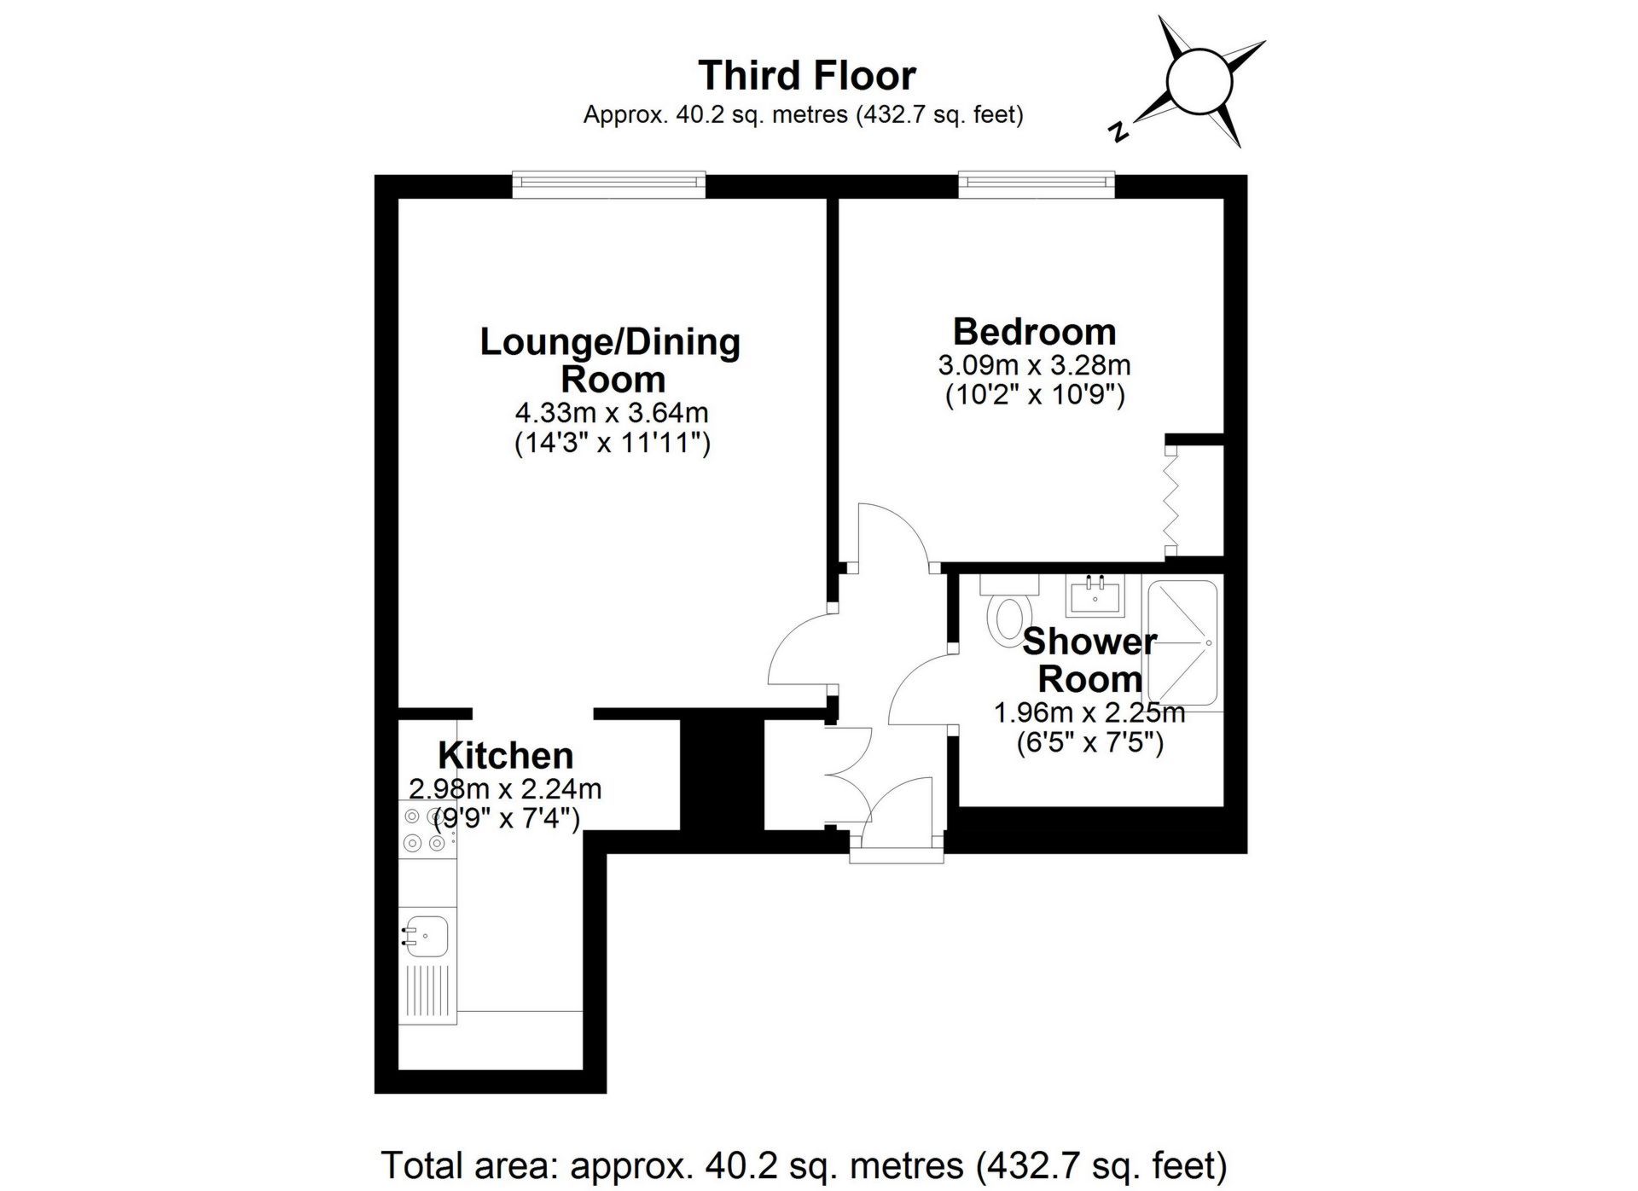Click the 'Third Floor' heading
point(807,75)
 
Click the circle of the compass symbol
point(1199,81)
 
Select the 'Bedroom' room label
point(1034,331)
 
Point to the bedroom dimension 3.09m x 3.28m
point(1034,365)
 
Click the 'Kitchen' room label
point(505,755)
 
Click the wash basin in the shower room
point(1095,595)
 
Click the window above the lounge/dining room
point(609,183)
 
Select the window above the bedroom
point(1037,183)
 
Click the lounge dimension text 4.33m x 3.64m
point(612,413)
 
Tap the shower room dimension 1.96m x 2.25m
point(1089,712)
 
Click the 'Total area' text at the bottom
point(804,1165)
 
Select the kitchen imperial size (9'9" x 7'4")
point(507,820)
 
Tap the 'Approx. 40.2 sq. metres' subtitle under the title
point(803,114)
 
